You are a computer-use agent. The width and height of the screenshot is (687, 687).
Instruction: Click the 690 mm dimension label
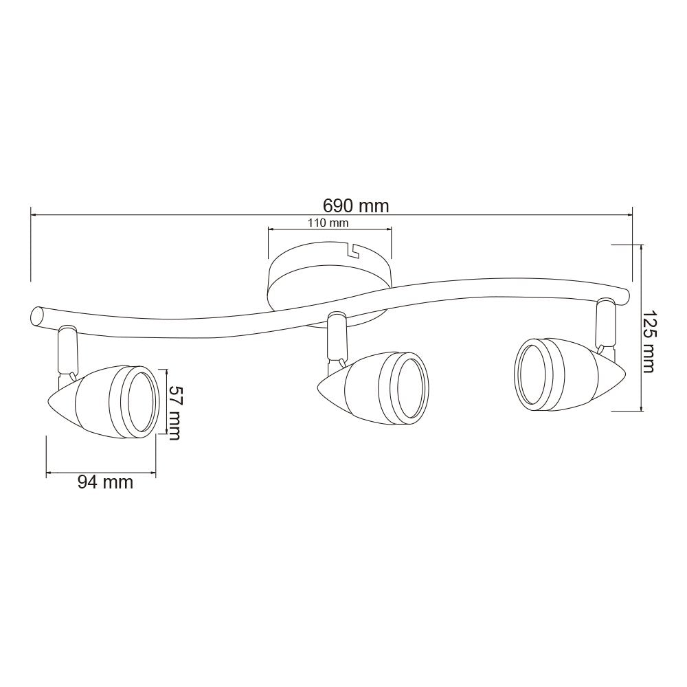[x=356, y=205]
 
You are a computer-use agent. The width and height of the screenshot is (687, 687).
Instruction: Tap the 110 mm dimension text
[x=328, y=223]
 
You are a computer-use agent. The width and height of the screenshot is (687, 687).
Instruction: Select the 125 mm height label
[x=648, y=341]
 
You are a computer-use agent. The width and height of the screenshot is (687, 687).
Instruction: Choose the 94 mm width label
[x=105, y=482]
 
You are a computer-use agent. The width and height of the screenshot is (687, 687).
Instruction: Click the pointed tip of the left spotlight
[x=47, y=401]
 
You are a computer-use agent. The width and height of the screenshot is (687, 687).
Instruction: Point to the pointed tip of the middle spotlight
[x=318, y=385]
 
